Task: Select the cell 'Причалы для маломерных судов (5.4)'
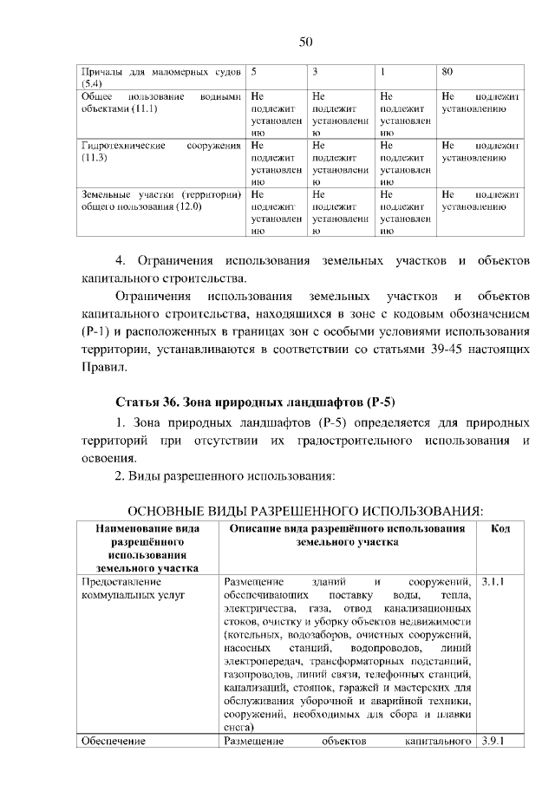pyautogui.click(x=160, y=76)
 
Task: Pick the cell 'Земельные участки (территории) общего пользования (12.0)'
pyautogui.click(x=160, y=201)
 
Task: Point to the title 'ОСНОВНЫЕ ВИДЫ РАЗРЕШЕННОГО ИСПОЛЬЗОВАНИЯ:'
pyautogui.click(x=305, y=507)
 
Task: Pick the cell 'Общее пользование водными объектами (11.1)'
pyautogui.click(x=160, y=104)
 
